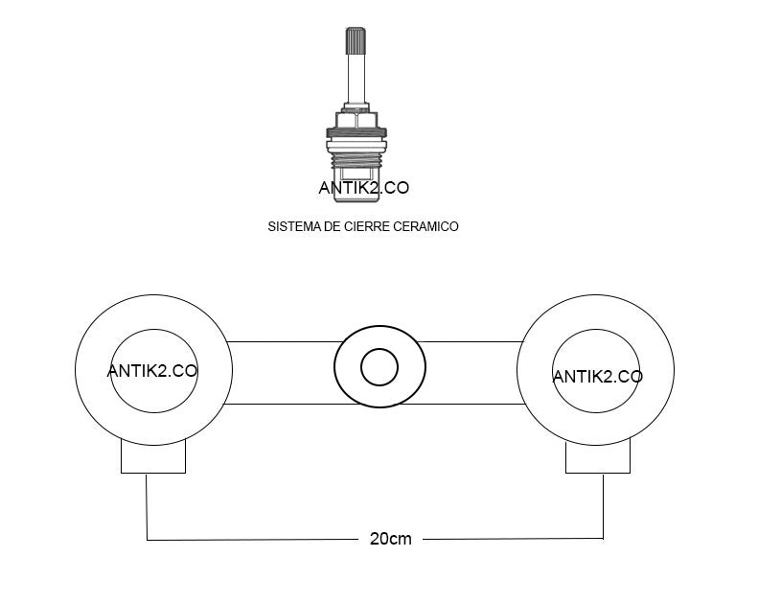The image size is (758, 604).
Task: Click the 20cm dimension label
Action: click(x=391, y=539)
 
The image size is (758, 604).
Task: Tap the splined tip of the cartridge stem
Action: click(x=356, y=41)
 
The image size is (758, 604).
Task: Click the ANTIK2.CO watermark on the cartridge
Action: click(x=363, y=188)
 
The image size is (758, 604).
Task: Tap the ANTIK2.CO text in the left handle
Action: click(x=152, y=371)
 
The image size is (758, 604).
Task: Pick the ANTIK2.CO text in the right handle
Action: click(x=598, y=376)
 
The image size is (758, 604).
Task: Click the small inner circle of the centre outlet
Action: click(x=379, y=367)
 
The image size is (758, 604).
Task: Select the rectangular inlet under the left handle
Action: click(x=153, y=456)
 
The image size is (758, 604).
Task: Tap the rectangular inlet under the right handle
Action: click(x=598, y=456)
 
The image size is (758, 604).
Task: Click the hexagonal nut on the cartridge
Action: click(x=356, y=120)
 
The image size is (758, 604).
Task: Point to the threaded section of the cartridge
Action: click(x=356, y=159)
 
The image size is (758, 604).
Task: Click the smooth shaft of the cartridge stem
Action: click(x=356, y=79)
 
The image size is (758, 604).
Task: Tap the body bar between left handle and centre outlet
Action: click(x=282, y=373)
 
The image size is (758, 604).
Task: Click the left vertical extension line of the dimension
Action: click(x=147, y=507)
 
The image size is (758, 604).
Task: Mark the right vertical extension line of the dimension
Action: click(x=604, y=506)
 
